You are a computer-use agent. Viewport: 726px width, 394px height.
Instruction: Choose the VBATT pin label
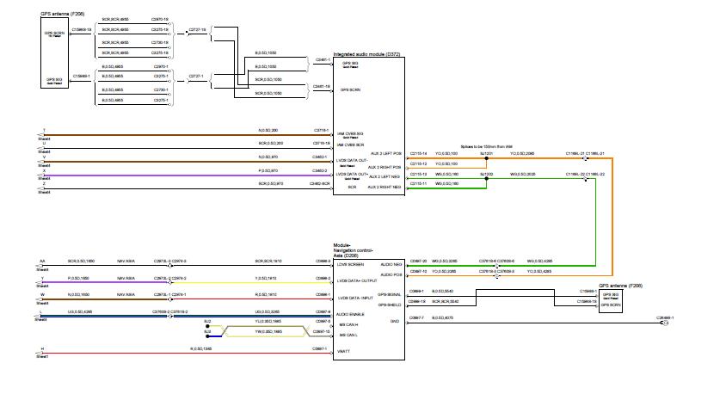[343, 352]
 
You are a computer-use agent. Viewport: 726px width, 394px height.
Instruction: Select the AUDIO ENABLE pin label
[351, 315]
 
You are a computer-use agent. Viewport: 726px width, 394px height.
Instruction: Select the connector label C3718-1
[321, 130]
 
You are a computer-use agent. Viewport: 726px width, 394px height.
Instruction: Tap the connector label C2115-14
[418, 153]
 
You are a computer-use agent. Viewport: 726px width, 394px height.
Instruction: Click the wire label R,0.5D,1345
[202, 348]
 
